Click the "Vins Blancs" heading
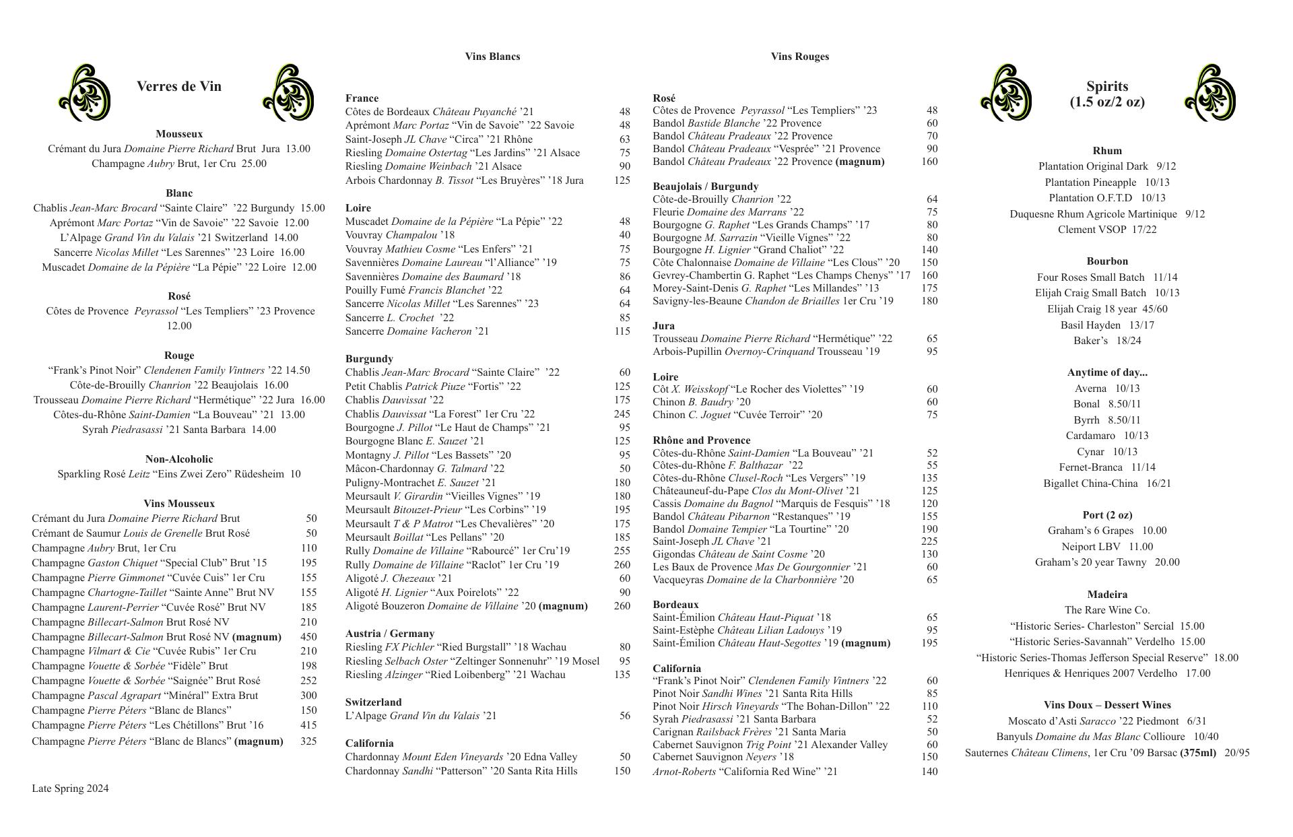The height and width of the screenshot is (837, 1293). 492,57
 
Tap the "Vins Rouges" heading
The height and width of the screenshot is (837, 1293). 799,57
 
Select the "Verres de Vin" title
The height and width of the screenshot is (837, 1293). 178,86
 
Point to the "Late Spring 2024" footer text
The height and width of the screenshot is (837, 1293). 70,789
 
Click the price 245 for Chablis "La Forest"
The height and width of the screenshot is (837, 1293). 622,414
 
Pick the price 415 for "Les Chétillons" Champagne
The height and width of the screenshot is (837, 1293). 308,725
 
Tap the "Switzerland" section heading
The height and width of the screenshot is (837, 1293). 373,702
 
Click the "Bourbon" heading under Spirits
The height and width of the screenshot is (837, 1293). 1106,261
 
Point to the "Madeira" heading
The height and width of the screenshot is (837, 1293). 1106,595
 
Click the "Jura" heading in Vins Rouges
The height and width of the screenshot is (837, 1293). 663,326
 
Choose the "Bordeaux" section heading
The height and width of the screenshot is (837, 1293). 675,605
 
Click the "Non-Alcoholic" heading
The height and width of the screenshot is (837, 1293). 178,459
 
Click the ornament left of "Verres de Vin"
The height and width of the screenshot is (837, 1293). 85,93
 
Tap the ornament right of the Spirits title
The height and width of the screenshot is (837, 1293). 1210,93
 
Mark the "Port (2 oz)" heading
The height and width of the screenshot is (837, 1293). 1106,515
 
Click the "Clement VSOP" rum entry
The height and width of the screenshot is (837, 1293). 1106,230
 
